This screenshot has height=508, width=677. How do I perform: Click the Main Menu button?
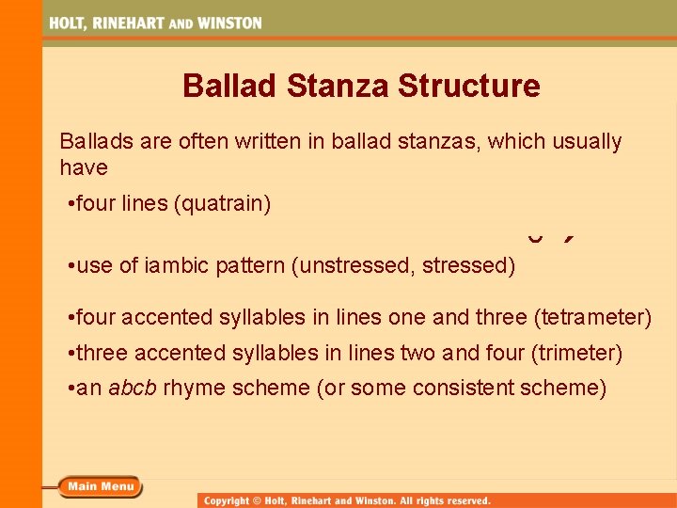100,486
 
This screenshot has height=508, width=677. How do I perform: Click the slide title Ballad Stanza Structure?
361,86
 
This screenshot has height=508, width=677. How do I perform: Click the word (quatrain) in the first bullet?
223,203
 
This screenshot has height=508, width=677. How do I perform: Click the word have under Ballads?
84,168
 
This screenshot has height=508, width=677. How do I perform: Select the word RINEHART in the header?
131,24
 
